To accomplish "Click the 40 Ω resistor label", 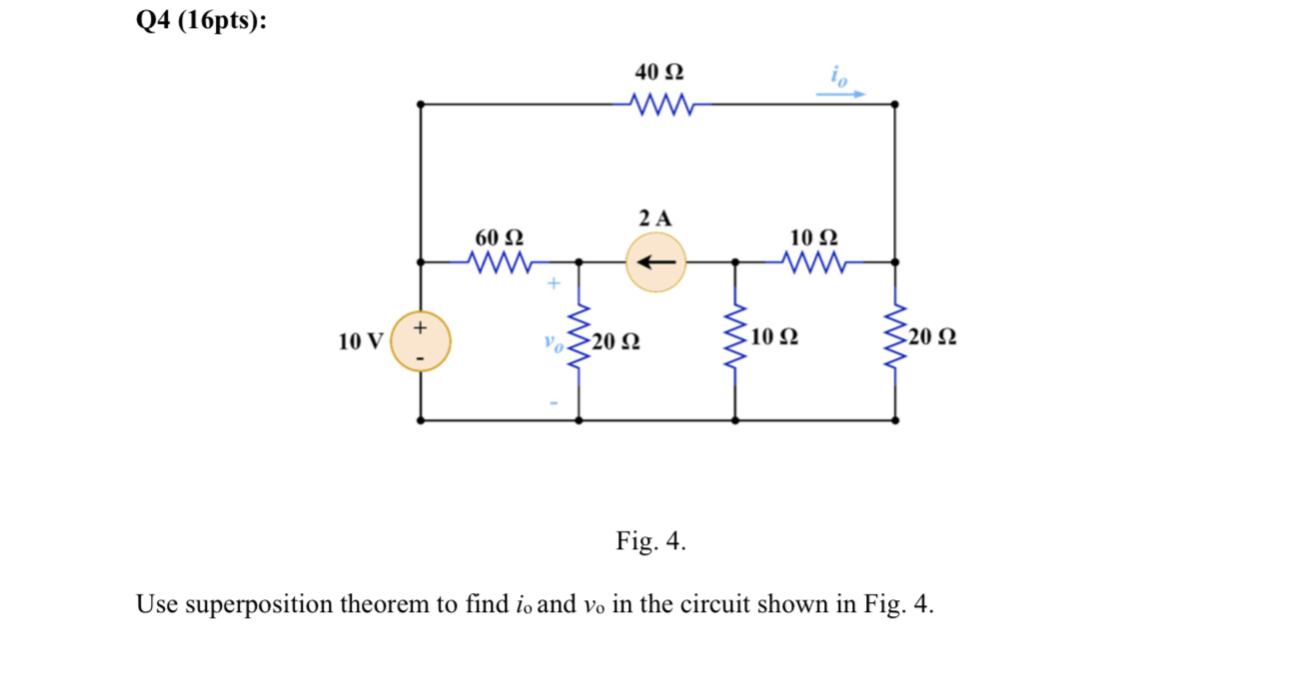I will tap(659, 73).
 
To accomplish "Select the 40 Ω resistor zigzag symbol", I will tap(659, 103).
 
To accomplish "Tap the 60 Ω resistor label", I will tap(499, 238).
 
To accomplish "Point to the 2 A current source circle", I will tap(656, 263).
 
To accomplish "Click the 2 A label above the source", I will tap(655, 217).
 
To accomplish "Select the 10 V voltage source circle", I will tap(421, 342).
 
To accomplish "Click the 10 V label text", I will tap(361, 342).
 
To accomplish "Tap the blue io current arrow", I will tap(840, 95).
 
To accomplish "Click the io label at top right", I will tap(837, 73).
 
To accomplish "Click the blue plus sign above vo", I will tap(551, 285).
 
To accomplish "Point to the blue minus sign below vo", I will tap(552, 402).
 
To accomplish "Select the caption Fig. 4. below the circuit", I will tap(651, 541).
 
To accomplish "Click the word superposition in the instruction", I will tap(257, 605).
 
